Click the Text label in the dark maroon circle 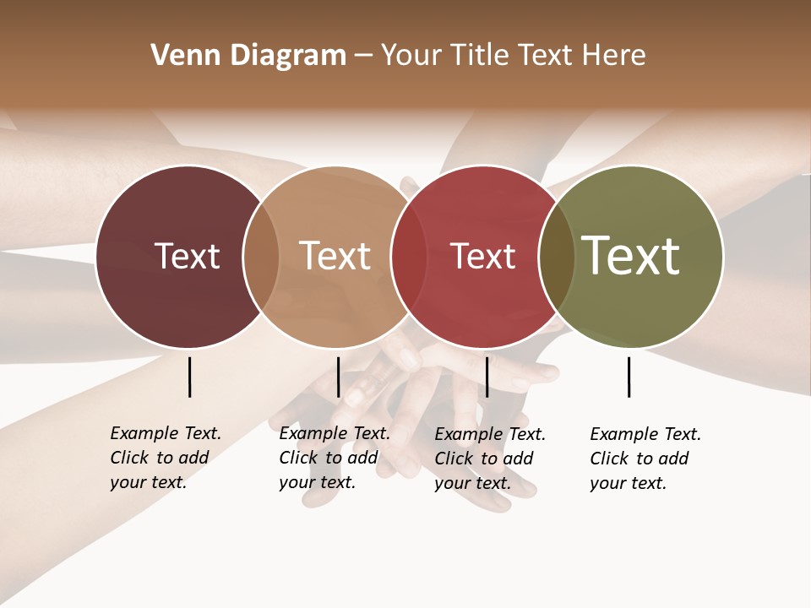click(x=187, y=256)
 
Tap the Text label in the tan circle click(x=335, y=256)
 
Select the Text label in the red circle click(x=482, y=256)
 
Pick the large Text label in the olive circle click(x=631, y=256)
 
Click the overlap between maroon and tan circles click(x=261, y=257)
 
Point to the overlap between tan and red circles click(x=408, y=257)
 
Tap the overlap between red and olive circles click(x=556, y=257)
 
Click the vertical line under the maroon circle click(x=190, y=377)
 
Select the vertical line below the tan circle click(x=339, y=377)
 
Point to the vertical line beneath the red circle click(x=487, y=377)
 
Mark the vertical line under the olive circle click(x=629, y=377)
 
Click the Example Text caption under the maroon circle click(x=165, y=458)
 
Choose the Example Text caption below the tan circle click(x=334, y=458)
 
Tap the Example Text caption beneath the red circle click(x=489, y=459)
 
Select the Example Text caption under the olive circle click(x=645, y=459)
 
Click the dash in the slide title click(x=363, y=57)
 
